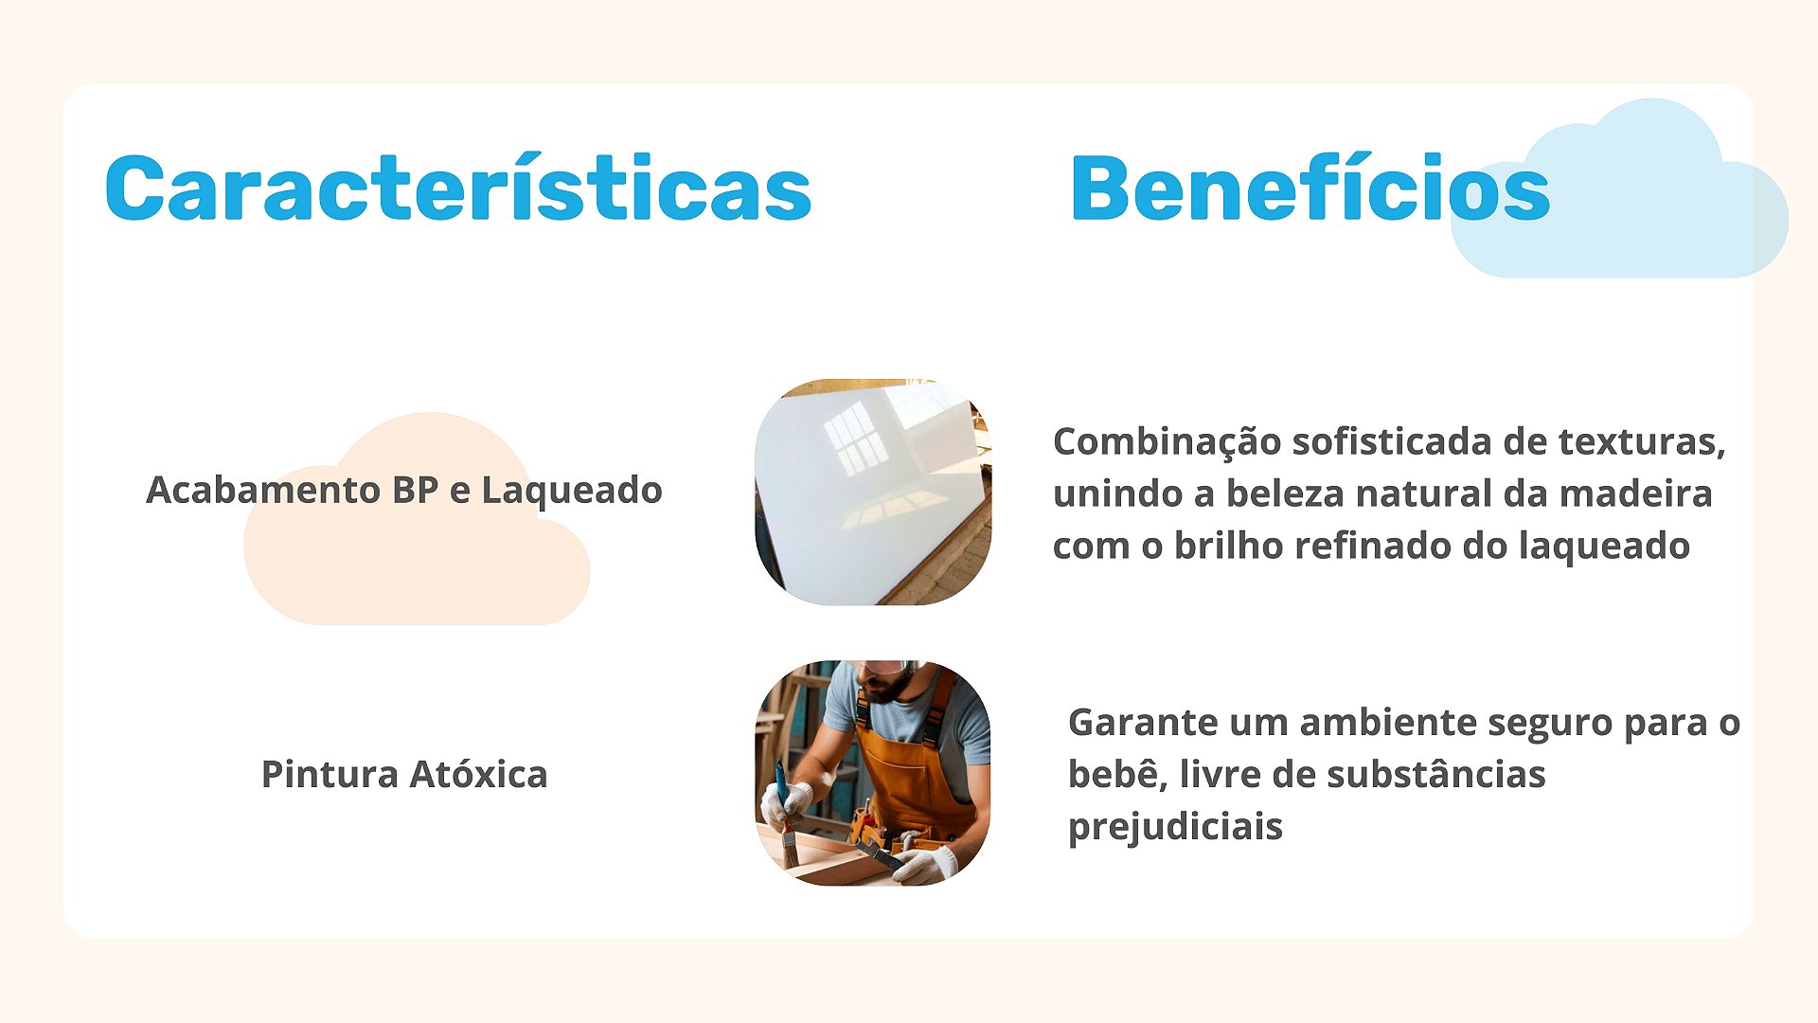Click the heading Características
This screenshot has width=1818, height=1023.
pyautogui.click(x=458, y=188)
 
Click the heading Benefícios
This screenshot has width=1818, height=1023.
pyautogui.click(x=1310, y=188)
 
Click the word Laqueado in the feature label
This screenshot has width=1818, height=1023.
pyautogui.click(x=572, y=490)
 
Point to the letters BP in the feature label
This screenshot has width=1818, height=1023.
pyautogui.click(x=415, y=490)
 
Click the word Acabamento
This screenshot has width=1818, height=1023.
pyautogui.click(x=263, y=490)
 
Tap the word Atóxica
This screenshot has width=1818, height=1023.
pyautogui.click(x=478, y=774)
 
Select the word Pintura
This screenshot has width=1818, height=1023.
pyautogui.click(x=330, y=774)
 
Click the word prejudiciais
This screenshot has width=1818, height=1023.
pyautogui.click(x=1175, y=827)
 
